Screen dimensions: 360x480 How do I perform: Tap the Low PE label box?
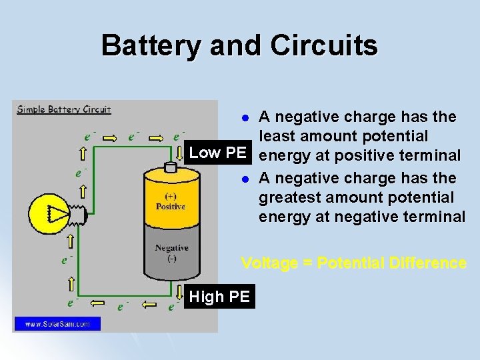[218, 153]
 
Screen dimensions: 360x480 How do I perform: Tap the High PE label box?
[219, 297]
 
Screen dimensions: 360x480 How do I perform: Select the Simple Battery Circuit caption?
[64, 109]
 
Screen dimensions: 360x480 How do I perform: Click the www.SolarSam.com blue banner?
[58, 324]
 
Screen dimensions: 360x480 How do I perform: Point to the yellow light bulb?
[53, 213]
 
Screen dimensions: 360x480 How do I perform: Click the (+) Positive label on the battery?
[171, 201]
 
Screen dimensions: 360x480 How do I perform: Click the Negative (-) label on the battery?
[171, 253]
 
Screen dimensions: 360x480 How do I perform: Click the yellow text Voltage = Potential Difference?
[353, 263]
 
